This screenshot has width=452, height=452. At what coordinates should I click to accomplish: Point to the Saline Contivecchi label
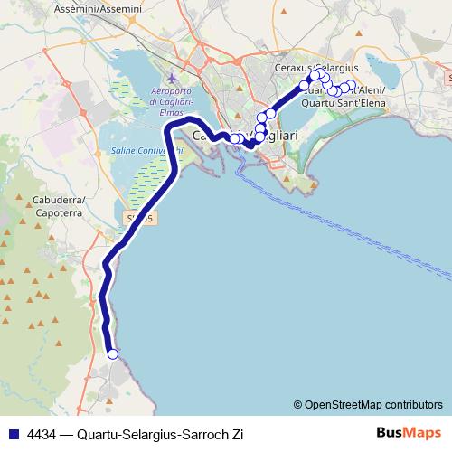[x=140, y=150]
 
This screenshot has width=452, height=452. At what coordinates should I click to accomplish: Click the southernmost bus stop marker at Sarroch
[x=113, y=354]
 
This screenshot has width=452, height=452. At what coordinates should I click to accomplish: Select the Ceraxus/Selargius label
[x=322, y=68]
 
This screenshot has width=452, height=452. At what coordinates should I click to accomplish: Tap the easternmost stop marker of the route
[x=351, y=85]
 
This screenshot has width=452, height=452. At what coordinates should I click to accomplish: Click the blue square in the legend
[x=11, y=434]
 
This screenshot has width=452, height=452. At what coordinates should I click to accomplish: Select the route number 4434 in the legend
[x=41, y=434]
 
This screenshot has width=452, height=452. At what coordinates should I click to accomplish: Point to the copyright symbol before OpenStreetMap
[x=297, y=405]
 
